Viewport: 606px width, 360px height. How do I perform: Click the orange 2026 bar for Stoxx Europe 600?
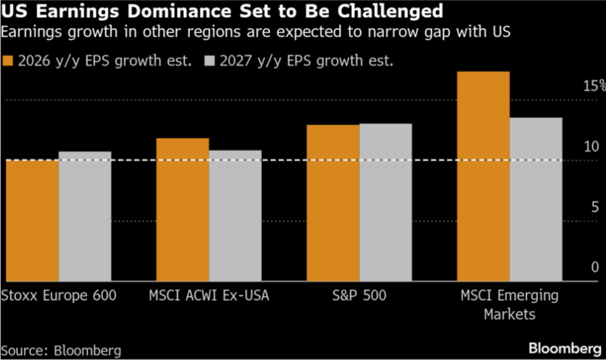pos(32,221)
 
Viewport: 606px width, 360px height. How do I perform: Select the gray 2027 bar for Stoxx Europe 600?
pos(85,216)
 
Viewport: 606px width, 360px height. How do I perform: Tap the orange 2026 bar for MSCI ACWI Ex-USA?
pos(182,210)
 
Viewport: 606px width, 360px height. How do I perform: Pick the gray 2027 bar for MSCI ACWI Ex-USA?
pos(235,215)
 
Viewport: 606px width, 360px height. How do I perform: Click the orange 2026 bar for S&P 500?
pos(333,203)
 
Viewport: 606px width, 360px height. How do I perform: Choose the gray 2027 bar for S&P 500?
pos(385,202)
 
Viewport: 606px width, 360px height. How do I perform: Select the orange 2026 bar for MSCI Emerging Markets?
pos(483,176)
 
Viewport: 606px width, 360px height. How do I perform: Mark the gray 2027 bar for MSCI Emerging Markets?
pos(536,199)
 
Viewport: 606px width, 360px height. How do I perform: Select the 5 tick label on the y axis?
pos(594,207)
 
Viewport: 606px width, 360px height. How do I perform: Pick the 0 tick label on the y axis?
pos(594,268)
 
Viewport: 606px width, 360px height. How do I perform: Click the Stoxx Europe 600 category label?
pos(59,296)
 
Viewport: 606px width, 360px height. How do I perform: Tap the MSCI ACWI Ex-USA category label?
pos(209,296)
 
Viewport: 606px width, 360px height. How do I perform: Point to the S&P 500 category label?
pos(359,296)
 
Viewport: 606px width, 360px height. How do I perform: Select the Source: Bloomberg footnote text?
pos(61,350)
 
